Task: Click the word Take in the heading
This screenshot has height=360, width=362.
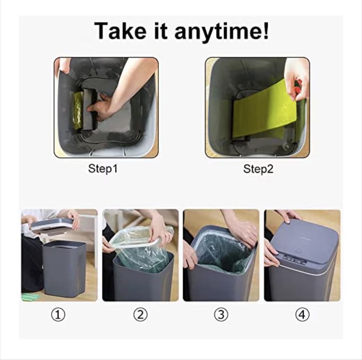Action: (x=120, y=31)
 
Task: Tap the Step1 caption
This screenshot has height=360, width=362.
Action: (x=103, y=168)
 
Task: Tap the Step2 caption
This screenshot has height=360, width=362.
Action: (x=258, y=169)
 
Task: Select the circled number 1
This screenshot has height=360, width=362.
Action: (x=58, y=315)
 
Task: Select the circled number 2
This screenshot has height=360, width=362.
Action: (x=140, y=315)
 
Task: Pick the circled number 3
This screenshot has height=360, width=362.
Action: (x=221, y=315)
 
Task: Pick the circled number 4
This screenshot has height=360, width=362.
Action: (x=302, y=315)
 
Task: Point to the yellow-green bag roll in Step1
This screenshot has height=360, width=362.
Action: (x=77, y=110)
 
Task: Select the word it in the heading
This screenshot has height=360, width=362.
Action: (x=160, y=31)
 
